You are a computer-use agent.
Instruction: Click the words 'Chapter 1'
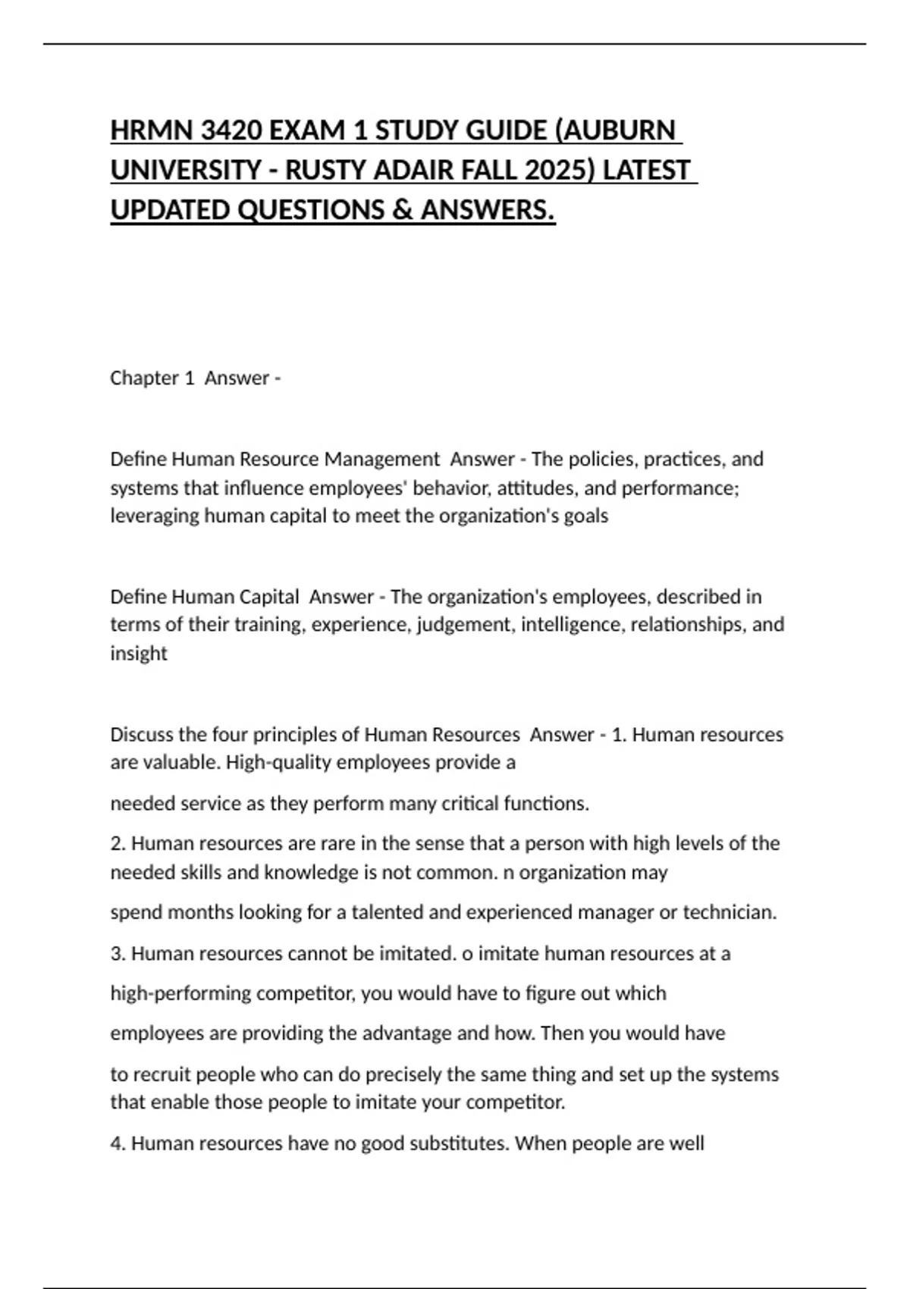coord(152,378)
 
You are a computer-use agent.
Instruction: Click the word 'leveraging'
coord(155,516)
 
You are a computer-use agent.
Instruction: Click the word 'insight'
coord(139,653)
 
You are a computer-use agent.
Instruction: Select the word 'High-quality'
coord(278,762)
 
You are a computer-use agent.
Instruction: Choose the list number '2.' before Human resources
coord(118,843)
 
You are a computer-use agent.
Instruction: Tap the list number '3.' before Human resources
coord(118,953)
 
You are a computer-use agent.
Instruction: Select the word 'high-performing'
coord(180,993)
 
